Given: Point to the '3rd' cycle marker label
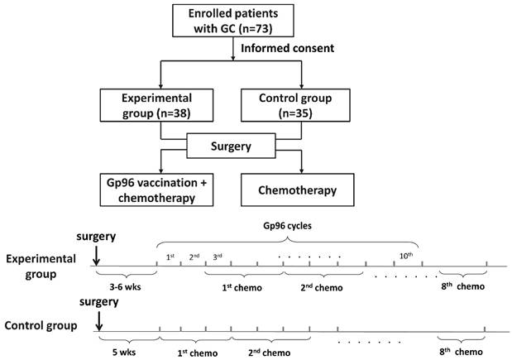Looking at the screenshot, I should coord(218,257).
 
